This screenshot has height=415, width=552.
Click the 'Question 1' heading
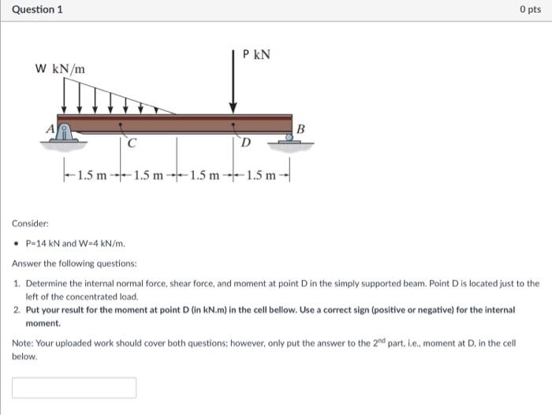point(38,9)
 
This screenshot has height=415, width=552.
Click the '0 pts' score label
point(530,9)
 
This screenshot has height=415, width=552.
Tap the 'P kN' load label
point(256,54)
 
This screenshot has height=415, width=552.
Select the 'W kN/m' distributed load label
point(60,69)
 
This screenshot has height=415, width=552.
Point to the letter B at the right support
point(300,128)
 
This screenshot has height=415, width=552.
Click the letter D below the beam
point(246,143)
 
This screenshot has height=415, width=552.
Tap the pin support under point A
point(66,135)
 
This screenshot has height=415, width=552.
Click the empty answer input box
point(74,387)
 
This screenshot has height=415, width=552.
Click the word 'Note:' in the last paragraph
point(24,343)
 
